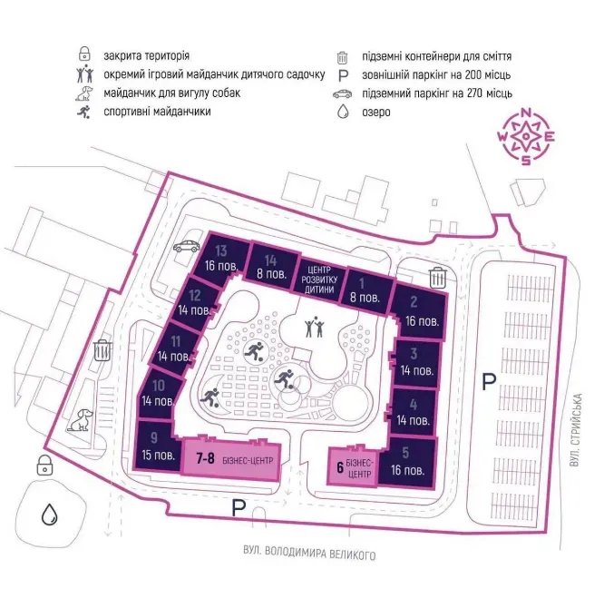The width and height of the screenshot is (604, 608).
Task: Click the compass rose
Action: tap(527, 136)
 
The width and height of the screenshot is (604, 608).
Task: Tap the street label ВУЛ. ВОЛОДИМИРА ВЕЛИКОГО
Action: tap(309, 554)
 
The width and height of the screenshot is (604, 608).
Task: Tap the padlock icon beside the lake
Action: tap(43, 466)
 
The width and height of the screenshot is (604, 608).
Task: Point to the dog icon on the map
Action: tap(84, 419)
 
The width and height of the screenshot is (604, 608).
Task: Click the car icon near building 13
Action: tap(189, 244)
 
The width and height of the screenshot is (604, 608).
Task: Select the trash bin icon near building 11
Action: tap(102, 348)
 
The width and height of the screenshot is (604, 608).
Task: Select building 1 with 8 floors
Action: tap(365, 289)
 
